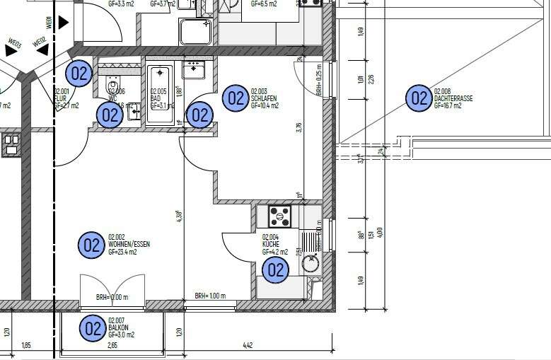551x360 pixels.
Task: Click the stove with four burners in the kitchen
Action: click(279, 216)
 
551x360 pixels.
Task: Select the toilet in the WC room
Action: click(113, 87)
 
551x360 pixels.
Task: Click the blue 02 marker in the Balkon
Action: click(93, 329)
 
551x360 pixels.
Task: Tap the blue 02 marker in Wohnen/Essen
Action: click(91, 245)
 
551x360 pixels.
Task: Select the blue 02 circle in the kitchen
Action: click(275, 269)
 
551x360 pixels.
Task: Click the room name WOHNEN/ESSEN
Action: click(129, 244)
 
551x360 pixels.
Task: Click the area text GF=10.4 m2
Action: click(265, 105)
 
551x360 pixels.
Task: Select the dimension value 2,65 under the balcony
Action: click(112, 345)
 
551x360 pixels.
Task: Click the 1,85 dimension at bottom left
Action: click(26, 345)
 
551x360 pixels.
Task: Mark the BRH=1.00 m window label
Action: click(209, 296)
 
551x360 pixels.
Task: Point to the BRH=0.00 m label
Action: click(112, 298)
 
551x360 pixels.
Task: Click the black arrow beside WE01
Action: click(64, 23)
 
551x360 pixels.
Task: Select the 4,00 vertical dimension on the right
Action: click(380, 232)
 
